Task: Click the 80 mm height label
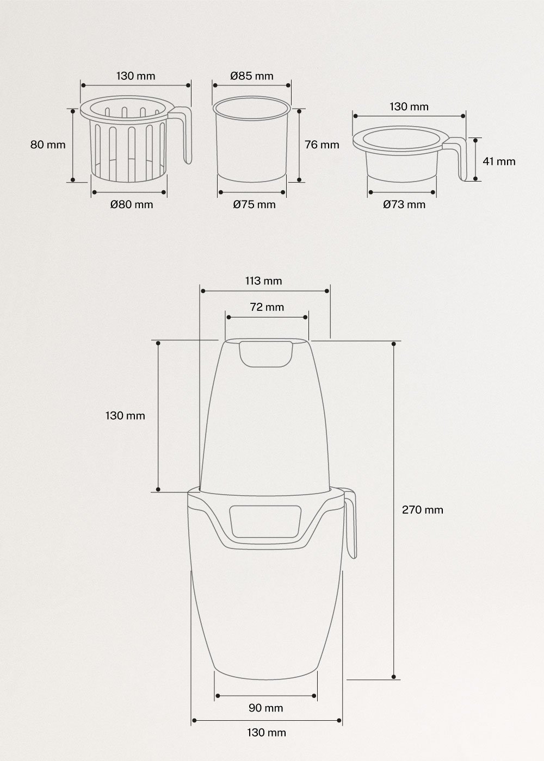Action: coord(48,145)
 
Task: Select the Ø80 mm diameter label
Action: coord(131,204)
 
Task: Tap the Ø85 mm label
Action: coord(251,76)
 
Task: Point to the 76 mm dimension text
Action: coord(322,145)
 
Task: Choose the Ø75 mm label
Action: coord(254,204)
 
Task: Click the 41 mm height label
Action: coord(498,161)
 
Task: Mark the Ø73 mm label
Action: coord(404,204)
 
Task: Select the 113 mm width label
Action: coord(264,280)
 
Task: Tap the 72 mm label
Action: coord(267,307)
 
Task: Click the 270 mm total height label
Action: coord(422,509)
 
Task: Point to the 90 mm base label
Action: coord(265,708)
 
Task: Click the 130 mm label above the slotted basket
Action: coord(135,76)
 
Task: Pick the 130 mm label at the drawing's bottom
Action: coord(266,732)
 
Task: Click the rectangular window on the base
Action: coord(265,521)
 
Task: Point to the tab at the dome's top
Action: coord(265,353)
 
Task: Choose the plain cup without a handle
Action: coord(252,141)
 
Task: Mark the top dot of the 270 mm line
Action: coord(393,343)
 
